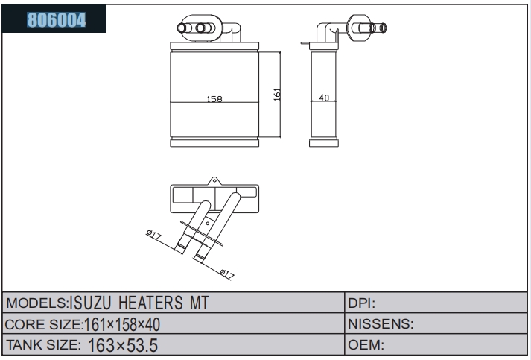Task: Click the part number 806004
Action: (57, 19)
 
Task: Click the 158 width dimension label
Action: (214, 98)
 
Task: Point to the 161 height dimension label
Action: (277, 95)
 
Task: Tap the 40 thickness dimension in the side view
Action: (324, 98)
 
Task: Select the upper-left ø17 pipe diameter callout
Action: (153, 235)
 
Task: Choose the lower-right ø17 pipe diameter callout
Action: (226, 274)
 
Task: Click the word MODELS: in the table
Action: (37, 303)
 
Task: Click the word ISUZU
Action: (90, 303)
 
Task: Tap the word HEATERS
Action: (150, 303)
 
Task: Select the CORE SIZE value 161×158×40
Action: (122, 324)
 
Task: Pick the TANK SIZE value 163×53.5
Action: (123, 345)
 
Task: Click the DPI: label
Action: (362, 303)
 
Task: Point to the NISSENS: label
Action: (381, 324)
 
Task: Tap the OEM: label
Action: (366, 345)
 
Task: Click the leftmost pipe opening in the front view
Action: (182, 28)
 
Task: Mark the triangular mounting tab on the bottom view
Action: (214, 181)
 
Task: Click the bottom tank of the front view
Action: (214, 142)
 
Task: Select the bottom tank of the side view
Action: (324, 142)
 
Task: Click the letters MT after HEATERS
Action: (199, 303)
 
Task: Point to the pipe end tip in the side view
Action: (383, 28)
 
